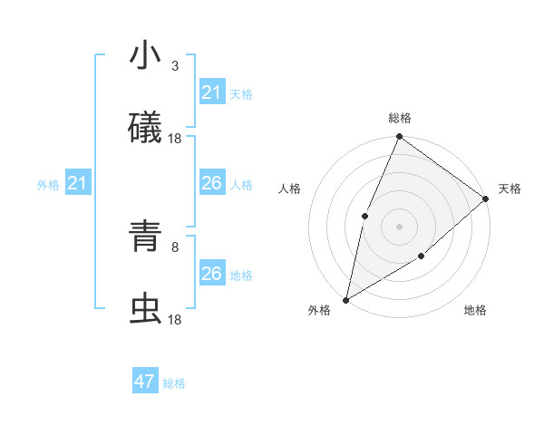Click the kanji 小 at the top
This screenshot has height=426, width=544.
coord(145,56)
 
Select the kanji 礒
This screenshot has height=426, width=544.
coord(145,128)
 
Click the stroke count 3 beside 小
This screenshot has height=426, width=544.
coord(174,66)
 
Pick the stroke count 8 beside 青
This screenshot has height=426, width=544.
coord(174,247)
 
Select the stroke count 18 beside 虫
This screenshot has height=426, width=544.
coord(175,319)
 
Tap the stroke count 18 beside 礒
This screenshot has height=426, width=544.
coord(175,138)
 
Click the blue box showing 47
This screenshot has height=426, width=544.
coord(145,382)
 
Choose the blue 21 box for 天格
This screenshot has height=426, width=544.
coord(211,92)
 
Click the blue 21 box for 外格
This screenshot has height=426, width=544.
coord(78,184)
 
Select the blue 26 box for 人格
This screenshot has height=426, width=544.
coord(211,184)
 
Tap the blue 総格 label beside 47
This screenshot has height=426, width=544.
coord(174,383)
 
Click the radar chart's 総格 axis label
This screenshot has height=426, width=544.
coord(400,119)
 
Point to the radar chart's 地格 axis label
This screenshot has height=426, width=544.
coord(475,311)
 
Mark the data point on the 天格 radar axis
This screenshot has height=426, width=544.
coord(486,198)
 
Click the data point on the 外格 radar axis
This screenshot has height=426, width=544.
coord(346,299)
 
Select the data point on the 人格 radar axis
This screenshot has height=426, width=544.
coord(364,216)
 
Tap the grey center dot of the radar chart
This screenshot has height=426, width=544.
coord(399,227)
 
